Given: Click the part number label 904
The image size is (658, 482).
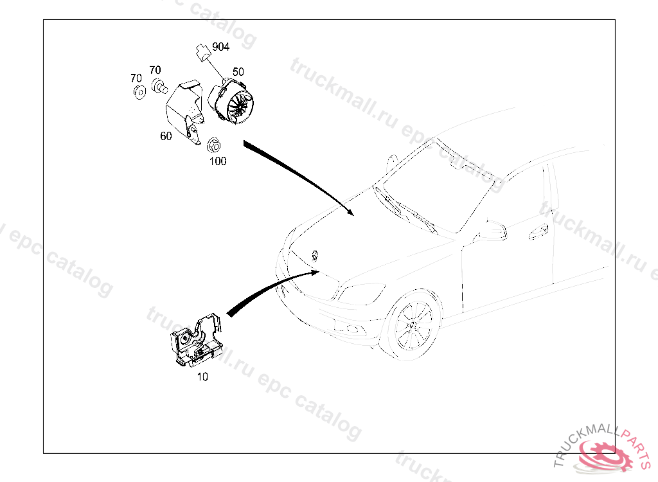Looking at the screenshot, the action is [220, 47].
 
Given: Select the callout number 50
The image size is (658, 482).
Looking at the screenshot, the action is [238, 72].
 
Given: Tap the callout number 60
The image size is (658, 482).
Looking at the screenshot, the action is [166, 136].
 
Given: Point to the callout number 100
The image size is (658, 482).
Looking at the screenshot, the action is [218, 161].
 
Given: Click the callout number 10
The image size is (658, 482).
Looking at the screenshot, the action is [202, 377].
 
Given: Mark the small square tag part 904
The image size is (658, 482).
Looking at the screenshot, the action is [204, 51].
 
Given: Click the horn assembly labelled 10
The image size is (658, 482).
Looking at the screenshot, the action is [196, 341].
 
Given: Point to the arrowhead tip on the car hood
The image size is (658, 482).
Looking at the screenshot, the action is [351, 213].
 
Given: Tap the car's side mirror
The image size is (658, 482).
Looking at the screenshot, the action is [491, 229].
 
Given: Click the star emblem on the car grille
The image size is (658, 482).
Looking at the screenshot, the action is [316, 254].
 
